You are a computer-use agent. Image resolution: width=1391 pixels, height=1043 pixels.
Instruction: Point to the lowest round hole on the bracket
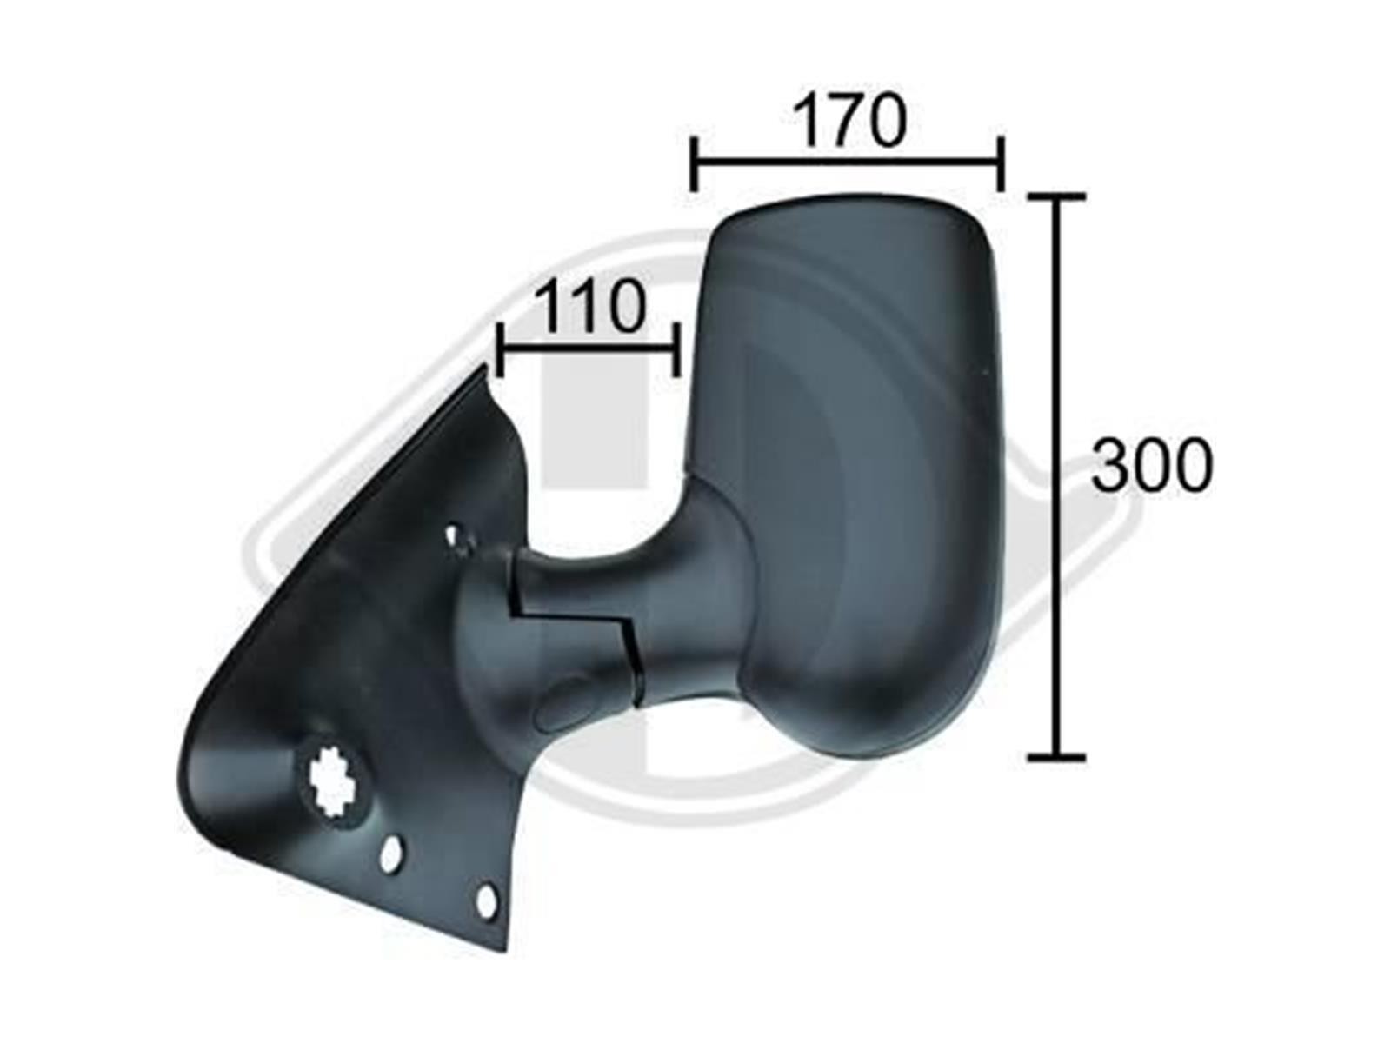pyautogui.click(x=486, y=901)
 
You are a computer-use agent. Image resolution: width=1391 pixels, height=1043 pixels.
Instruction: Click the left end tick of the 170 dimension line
pyautogui.click(x=694, y=163)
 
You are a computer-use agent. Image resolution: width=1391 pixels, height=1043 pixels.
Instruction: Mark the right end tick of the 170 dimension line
pyautogui.click(x=1001, y=163)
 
